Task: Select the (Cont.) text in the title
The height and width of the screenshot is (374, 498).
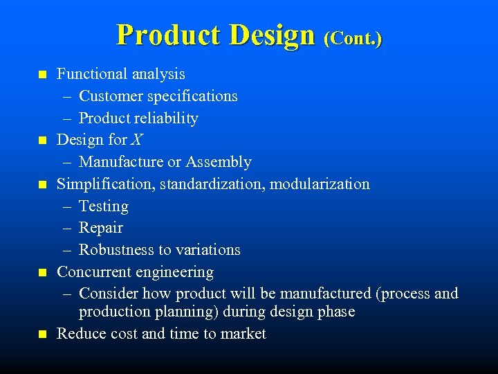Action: point(352,37)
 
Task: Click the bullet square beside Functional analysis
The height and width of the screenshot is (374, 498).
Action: point(42,74)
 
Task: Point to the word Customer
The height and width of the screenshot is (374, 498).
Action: point(112,96)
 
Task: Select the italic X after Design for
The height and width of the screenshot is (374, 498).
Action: point(136,140)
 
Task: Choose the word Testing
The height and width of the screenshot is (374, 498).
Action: point(104,206)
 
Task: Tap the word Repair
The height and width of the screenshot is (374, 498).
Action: point(101,228)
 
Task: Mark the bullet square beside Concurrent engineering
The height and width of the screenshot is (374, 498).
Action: point(42,273)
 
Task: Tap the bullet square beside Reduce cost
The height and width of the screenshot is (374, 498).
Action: point(42,335)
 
